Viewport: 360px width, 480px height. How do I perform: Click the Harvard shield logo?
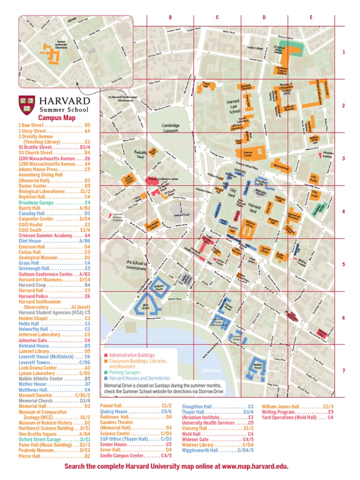coord(26,105)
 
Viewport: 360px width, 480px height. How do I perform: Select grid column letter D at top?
coord(264,18)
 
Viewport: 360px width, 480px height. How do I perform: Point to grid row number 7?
coord(343,371)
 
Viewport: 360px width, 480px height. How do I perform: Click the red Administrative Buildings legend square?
coord(106,355)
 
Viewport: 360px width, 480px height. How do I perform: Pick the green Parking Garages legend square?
coord(106,372)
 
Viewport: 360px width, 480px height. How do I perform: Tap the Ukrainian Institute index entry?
coord(224,417)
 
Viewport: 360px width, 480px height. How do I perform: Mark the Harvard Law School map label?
coord(233,107)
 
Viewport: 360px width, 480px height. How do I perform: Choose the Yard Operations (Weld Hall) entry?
coord(298,417)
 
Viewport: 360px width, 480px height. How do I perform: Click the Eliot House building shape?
coord(141,306)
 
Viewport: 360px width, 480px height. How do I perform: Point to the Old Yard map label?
coord(231,193)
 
